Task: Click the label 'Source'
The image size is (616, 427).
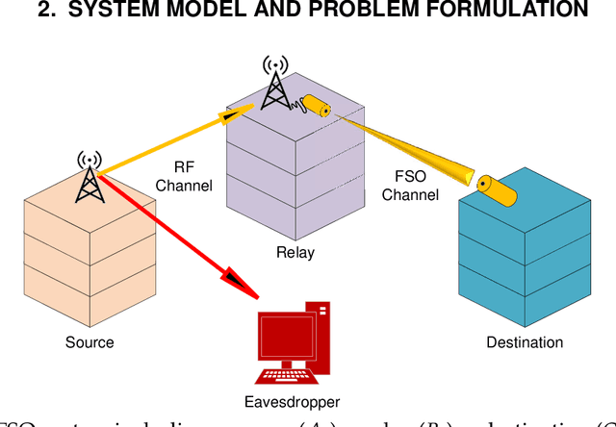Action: [90, 342]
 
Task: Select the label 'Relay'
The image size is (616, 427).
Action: [295, 254]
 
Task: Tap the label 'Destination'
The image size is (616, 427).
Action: [525, 342]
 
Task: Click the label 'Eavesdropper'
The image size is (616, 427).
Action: [292, 403]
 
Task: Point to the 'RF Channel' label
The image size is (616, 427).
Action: [184, 176]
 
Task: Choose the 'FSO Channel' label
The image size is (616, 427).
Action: [410, 186]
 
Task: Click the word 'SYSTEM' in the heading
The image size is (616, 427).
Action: [106, 11]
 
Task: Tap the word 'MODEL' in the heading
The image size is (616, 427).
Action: [195, 11]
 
